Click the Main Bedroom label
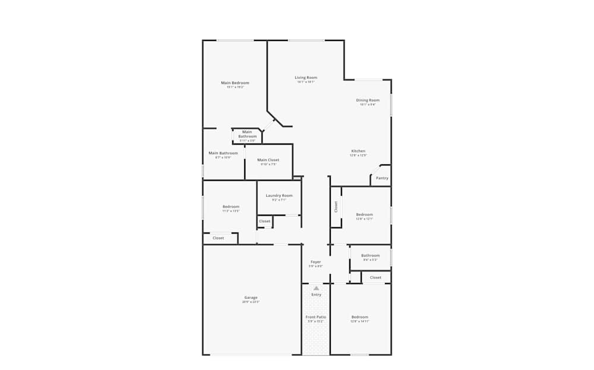click(x=235, y=82)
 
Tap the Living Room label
click(x=306, y=78)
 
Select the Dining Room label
click(x=367, y=100)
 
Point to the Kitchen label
click(x=358, y=151)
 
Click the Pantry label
click(x=382, y=178)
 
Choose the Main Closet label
click(x=268, y=160)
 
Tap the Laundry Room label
click(x=279, y=196)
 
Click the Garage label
click(x=251, y=298)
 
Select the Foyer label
click(x=315, y=261)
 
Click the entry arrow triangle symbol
click(x=316, y=288)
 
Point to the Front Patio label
click(x=316, y=317)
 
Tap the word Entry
click(x=316, y=295)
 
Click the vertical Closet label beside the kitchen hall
click(x=336, y=206)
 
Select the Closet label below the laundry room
click(x=265, y=221)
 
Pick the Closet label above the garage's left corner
click(x=219, y=238)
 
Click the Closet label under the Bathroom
click(x=375, y=277)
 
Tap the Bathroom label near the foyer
click(x=370, y=256)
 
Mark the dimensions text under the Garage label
click(x=251, y=302)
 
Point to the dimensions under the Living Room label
click(x=306, y=82)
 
